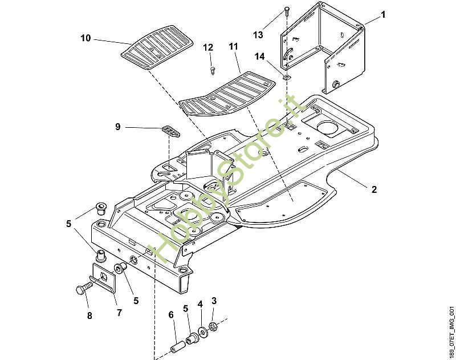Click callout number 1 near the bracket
(x=382, y=15)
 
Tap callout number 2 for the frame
(x=374, y=189)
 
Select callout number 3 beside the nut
(x=214, y=301)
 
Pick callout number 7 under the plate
(x=119, y=313)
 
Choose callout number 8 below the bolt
(x=89, y=315)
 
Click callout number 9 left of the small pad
(x=118, y=127)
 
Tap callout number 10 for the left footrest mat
(x=85, y=38)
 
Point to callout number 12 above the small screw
(x=208, y=47)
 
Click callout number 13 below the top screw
(x=258, y=35)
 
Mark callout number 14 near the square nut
(x=260, y=56)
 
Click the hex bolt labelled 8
(x=83, y=289)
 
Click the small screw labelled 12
(x=212, y=70)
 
